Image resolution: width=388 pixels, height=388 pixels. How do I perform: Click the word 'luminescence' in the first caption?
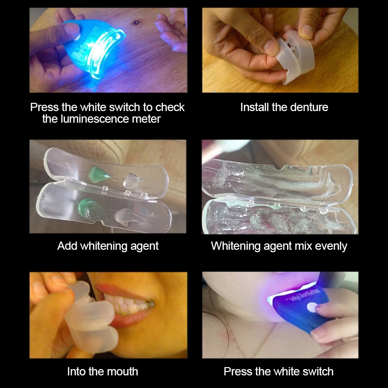click(97, 119)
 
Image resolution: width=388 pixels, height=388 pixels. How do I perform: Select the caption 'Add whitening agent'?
click(108, 246)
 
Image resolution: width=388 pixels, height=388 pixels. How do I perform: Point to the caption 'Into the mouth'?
click(103, 372)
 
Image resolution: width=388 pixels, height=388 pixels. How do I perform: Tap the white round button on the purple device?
click(312, 307)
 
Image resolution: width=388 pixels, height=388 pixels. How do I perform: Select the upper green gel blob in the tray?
click(98, 174)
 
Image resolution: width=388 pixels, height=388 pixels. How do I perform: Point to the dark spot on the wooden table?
click(136, 23)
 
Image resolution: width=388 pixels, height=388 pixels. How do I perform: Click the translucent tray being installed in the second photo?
click(297, 59)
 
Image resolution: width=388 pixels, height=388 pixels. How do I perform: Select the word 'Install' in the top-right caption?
click(255, 107)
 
